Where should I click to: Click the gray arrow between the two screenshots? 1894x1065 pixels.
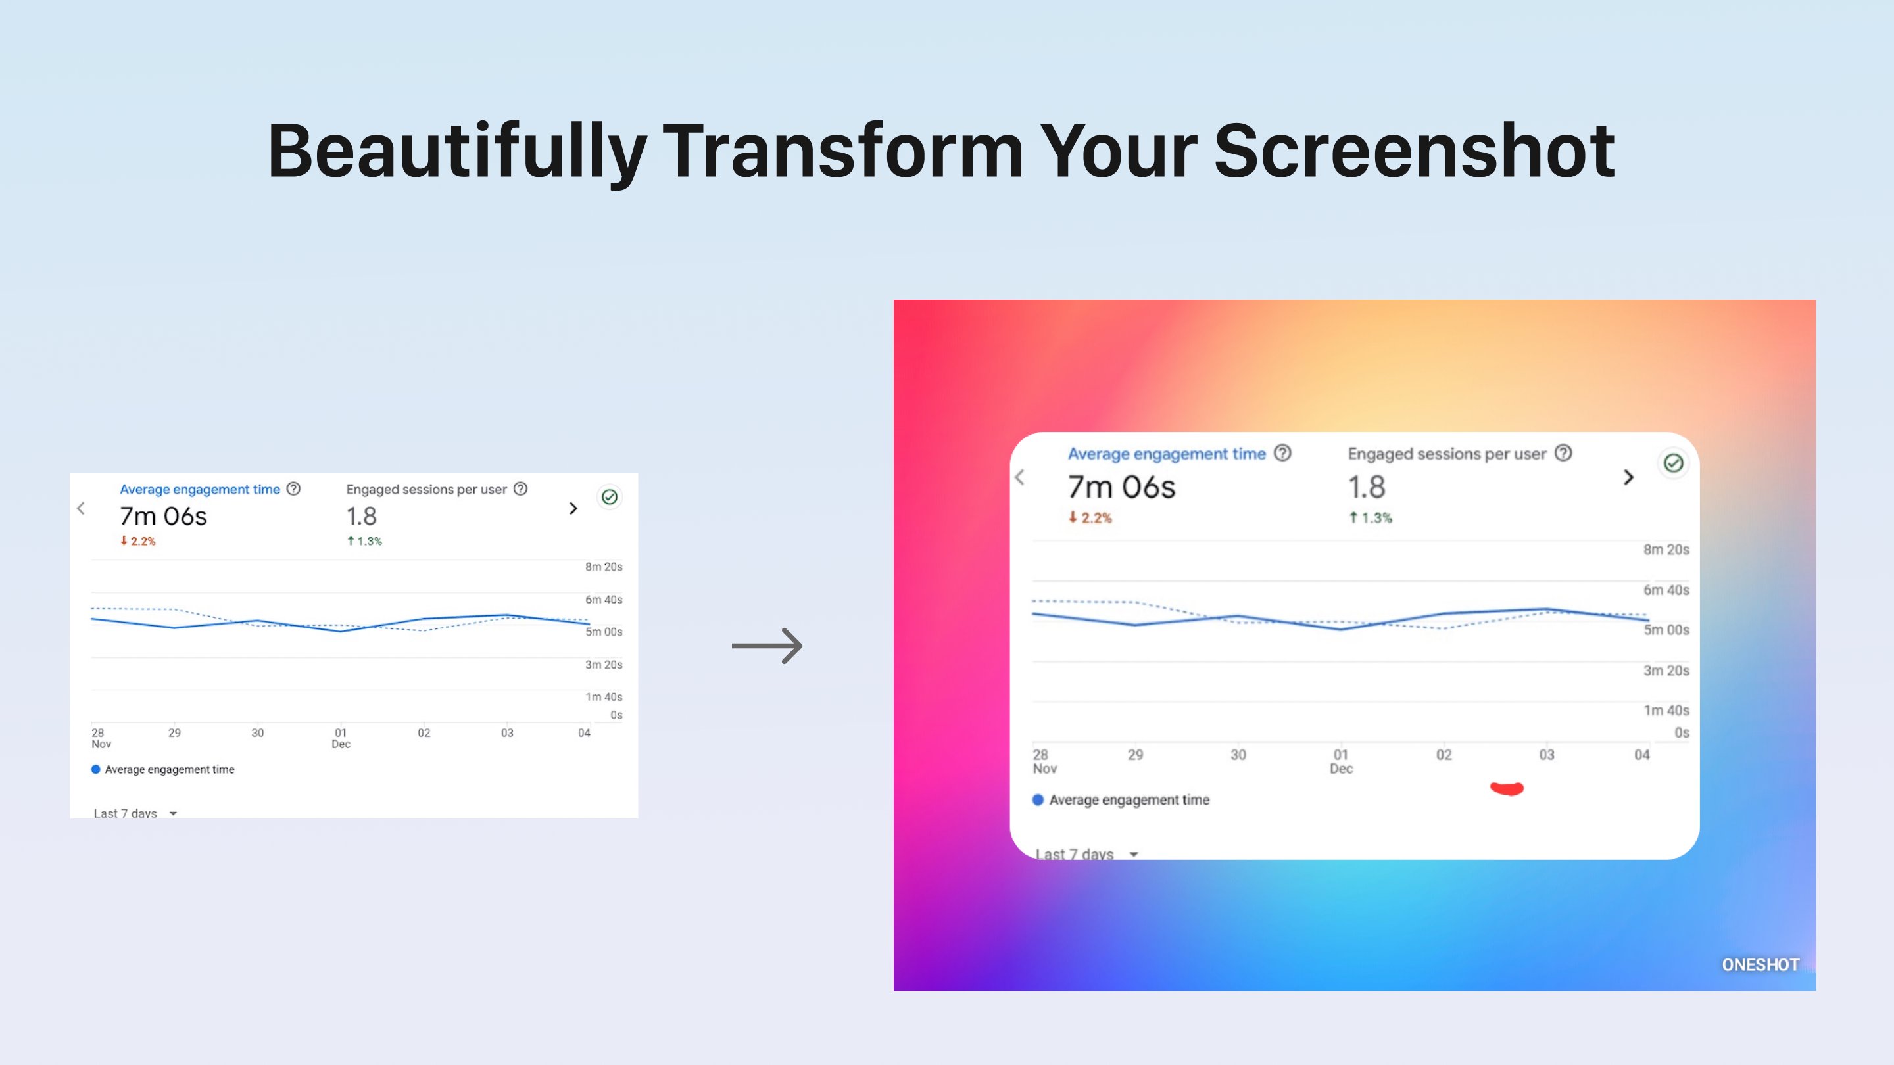click(767, 646)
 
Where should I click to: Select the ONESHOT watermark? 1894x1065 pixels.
click(1760, 964)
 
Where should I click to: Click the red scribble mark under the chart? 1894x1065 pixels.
click(1507, 789)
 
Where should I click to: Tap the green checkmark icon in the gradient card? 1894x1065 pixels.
click(1674, 463)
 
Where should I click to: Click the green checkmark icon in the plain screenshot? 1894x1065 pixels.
click(610, 498)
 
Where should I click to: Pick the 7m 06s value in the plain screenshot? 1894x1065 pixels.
click(163, 517)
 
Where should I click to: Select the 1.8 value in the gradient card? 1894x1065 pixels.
click(1366, 487)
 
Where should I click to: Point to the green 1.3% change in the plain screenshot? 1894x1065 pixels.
click(365, 542)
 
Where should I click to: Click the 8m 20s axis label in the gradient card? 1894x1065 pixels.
click(1666, 550)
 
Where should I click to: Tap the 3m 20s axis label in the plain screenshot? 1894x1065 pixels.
click(604, 665)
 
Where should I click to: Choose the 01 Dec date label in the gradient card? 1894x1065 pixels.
click(1341, 761)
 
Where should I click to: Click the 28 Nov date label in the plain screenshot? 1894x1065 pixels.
click(100, 738)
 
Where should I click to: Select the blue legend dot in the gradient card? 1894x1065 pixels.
click(1038, 799)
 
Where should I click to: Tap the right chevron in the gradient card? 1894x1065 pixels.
click(1628, 478)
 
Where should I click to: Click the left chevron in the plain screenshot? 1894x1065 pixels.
click(81, 508)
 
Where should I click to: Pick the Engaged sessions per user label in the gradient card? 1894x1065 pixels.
click(1446, 454)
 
